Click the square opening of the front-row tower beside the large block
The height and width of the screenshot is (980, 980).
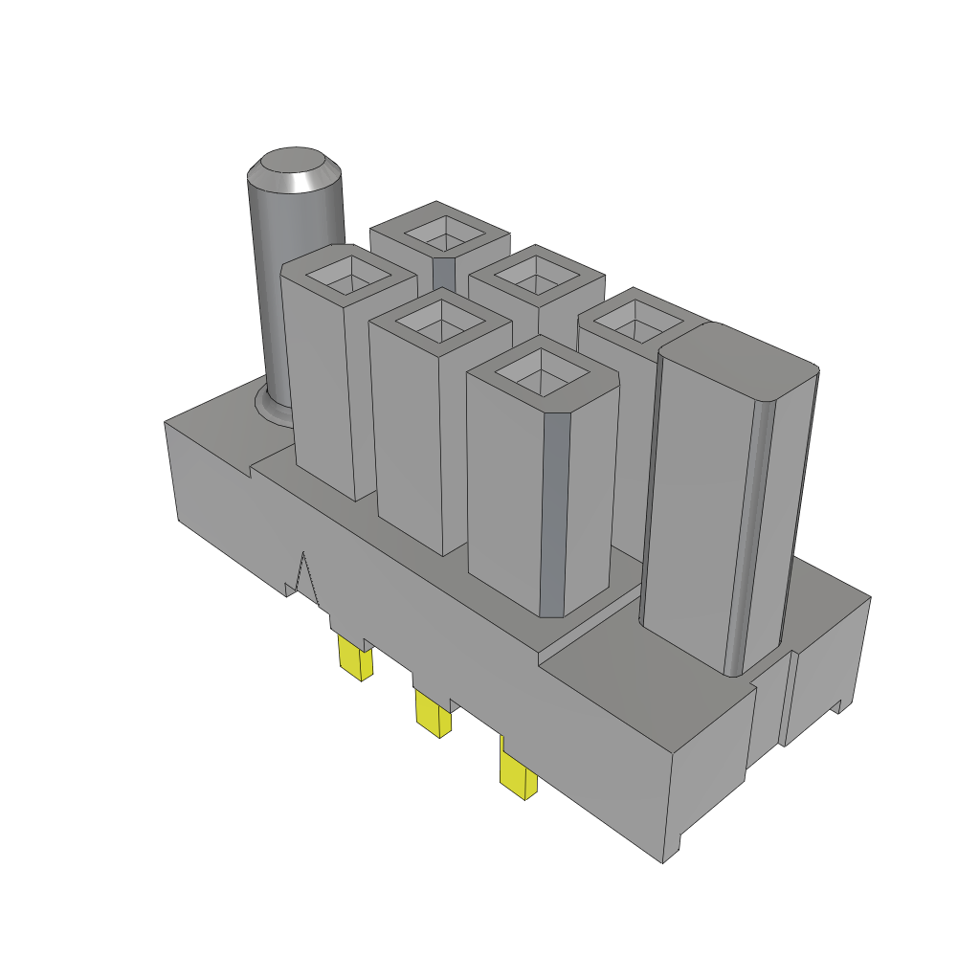(x=542, y=372)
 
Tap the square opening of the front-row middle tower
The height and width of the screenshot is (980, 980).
(x=439, y=320)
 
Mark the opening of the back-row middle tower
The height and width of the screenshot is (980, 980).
(x=537, y=274)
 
